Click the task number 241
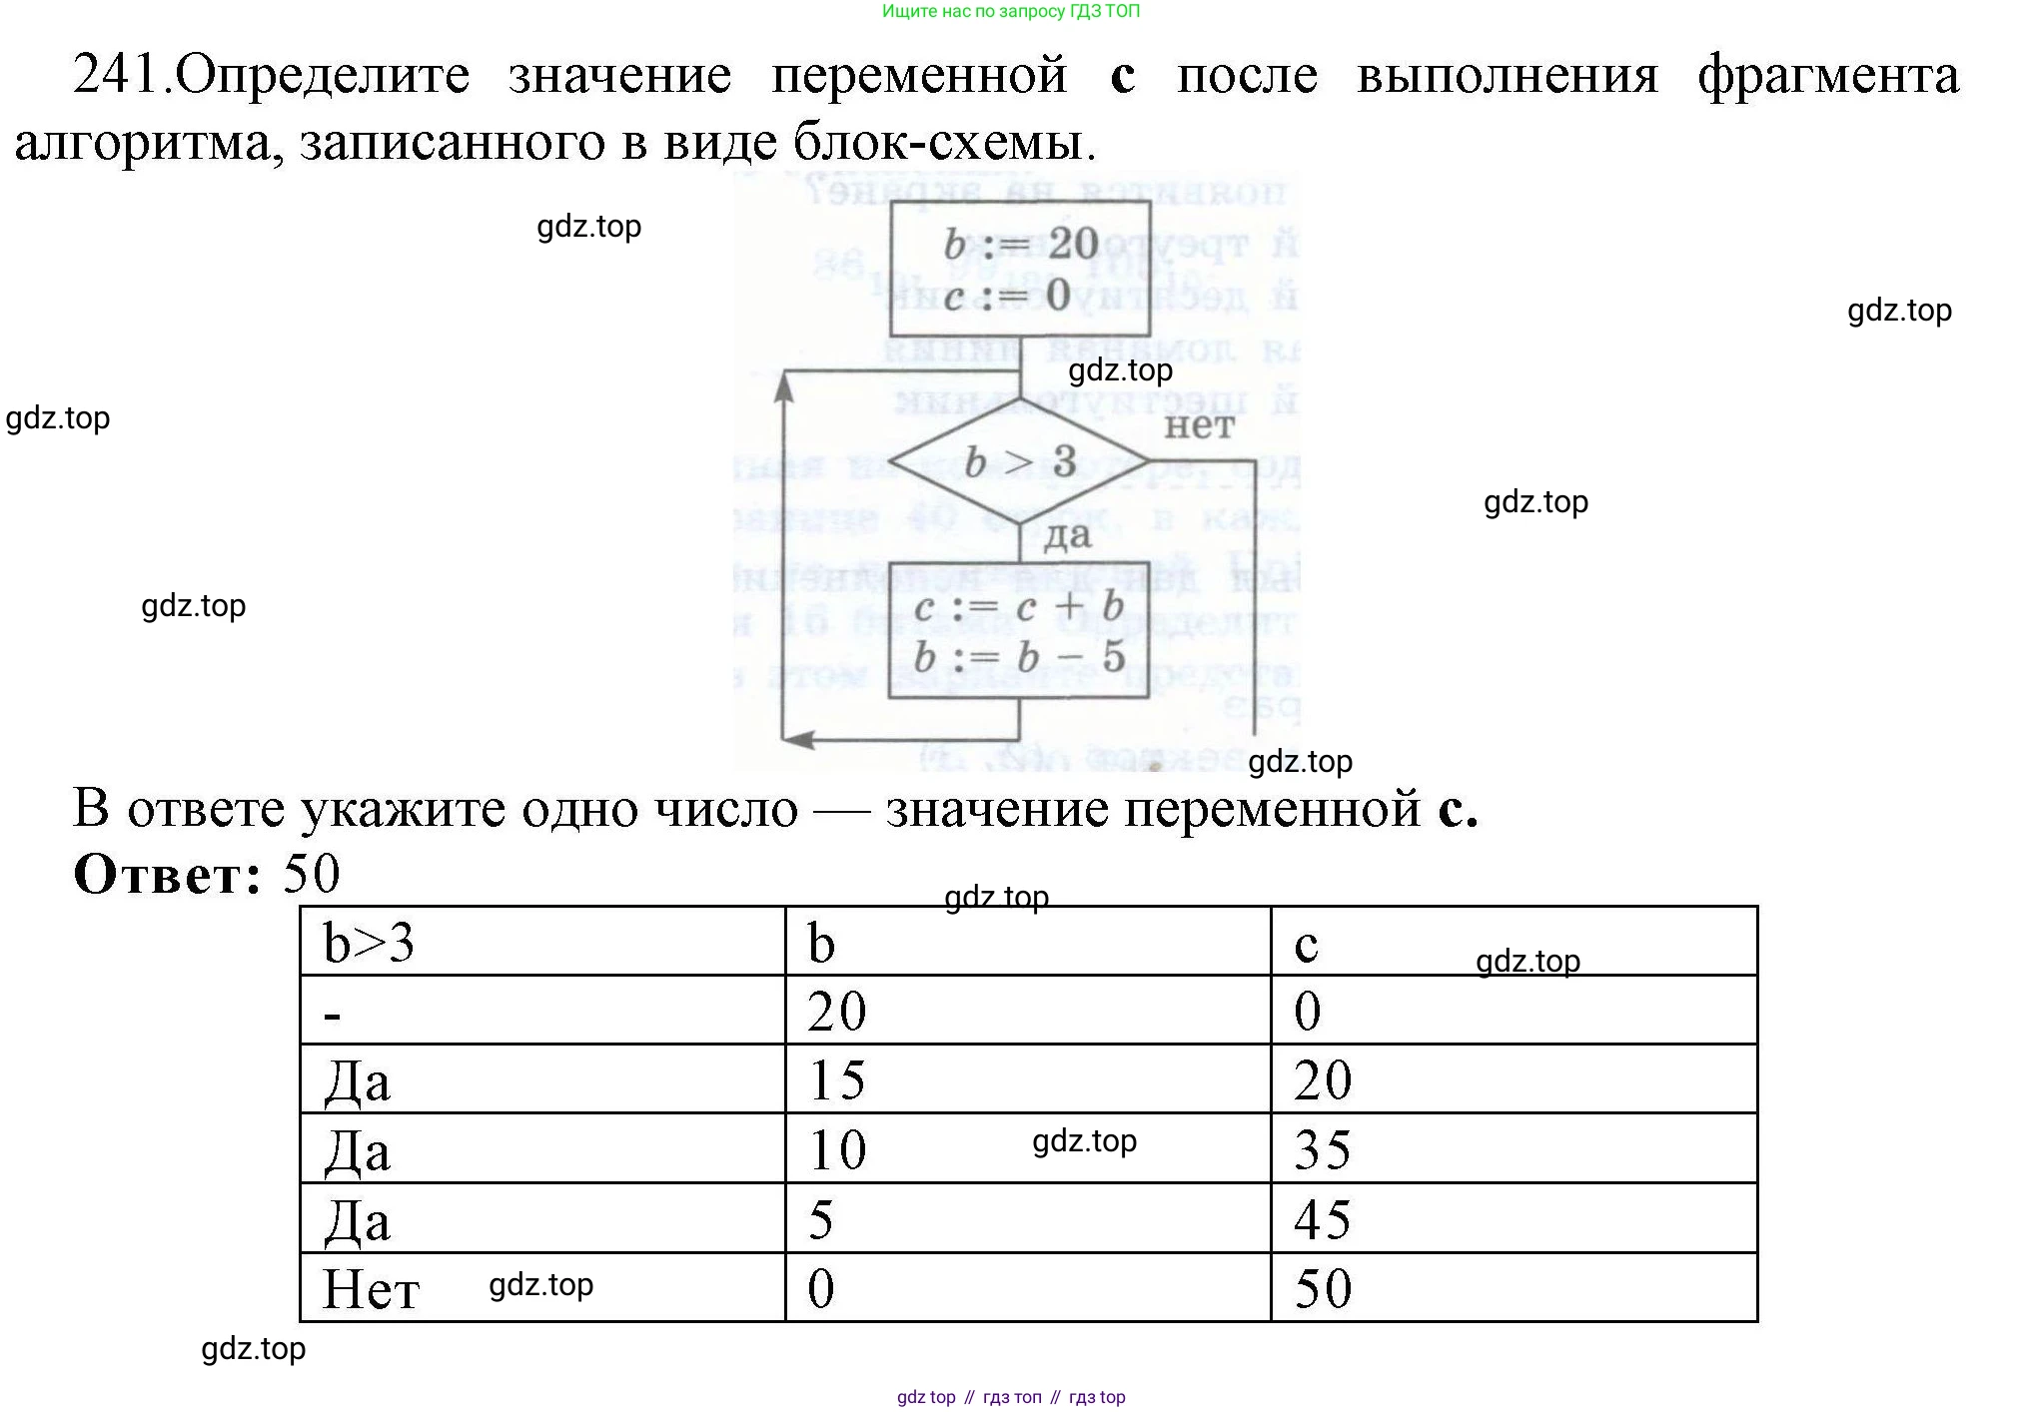tap(117, 74)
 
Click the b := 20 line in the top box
tap(1020, 244)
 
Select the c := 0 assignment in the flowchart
tap(1006, 296)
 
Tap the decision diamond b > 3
tap(1020, 462)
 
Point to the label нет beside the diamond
tap(1199, 426)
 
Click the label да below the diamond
tap(1067, 536)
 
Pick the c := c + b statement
tap(1018, 606)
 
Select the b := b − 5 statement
tap(1018, 657)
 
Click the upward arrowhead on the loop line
tap(784, 388)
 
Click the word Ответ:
tap(168, 875)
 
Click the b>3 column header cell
tap(542, 942)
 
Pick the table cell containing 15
tap(1027, 1079)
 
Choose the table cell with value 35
tap(1513, 1148)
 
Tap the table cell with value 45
tap(1513, 1218)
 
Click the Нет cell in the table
tap(542, 1288)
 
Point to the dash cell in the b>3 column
tap(542, 1011)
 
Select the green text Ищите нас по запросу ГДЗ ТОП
tap(1011, 12)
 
